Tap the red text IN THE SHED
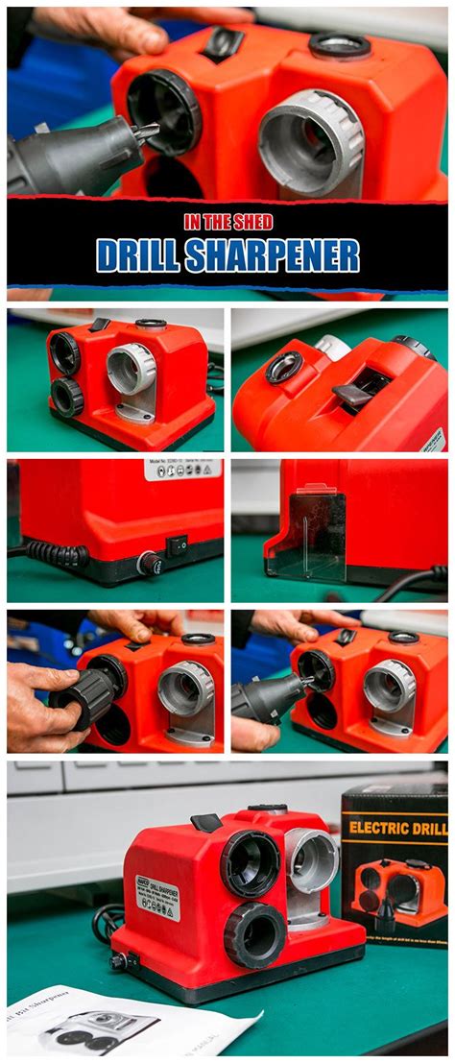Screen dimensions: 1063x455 tap(227, 222)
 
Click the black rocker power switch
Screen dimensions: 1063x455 tap(177, 546)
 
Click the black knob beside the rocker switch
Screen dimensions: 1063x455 tap(149, 564)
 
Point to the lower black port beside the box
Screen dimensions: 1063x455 tap(254, 933)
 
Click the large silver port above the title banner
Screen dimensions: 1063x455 tap(309, 141)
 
